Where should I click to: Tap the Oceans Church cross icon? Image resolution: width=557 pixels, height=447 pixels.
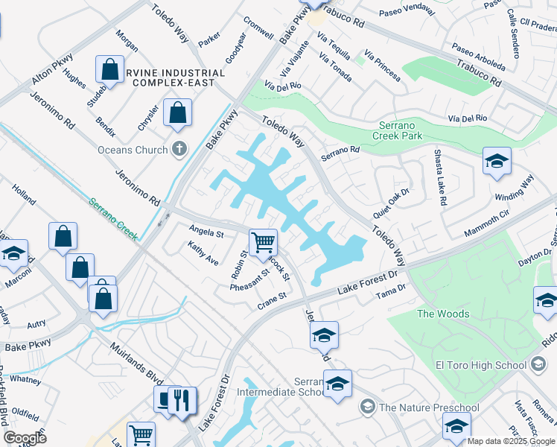pos(179,149)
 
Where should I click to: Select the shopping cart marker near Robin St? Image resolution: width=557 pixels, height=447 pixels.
pos(263,242)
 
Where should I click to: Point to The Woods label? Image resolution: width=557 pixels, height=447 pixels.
pos(442,314)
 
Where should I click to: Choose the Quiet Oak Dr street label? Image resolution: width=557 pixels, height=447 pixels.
pos(392,203)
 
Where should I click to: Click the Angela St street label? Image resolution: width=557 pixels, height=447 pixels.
pos(206,233)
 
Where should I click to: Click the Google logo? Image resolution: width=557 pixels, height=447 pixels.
pos(25,438)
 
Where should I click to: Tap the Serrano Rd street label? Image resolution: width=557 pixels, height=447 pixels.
pos(340,154)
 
